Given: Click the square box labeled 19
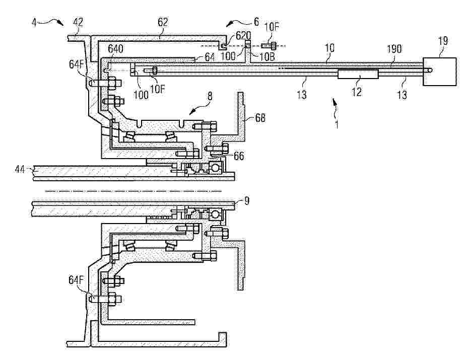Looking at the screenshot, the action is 439,71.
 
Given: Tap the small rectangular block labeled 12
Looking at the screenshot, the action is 358,74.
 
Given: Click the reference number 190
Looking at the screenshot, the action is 394,49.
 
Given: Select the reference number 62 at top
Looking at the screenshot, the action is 163,22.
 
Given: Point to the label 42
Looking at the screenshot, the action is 78,22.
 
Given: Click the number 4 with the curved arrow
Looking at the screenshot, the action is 34,23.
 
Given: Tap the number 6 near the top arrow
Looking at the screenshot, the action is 256,22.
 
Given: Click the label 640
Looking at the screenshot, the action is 115,49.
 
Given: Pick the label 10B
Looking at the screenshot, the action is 268,56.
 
